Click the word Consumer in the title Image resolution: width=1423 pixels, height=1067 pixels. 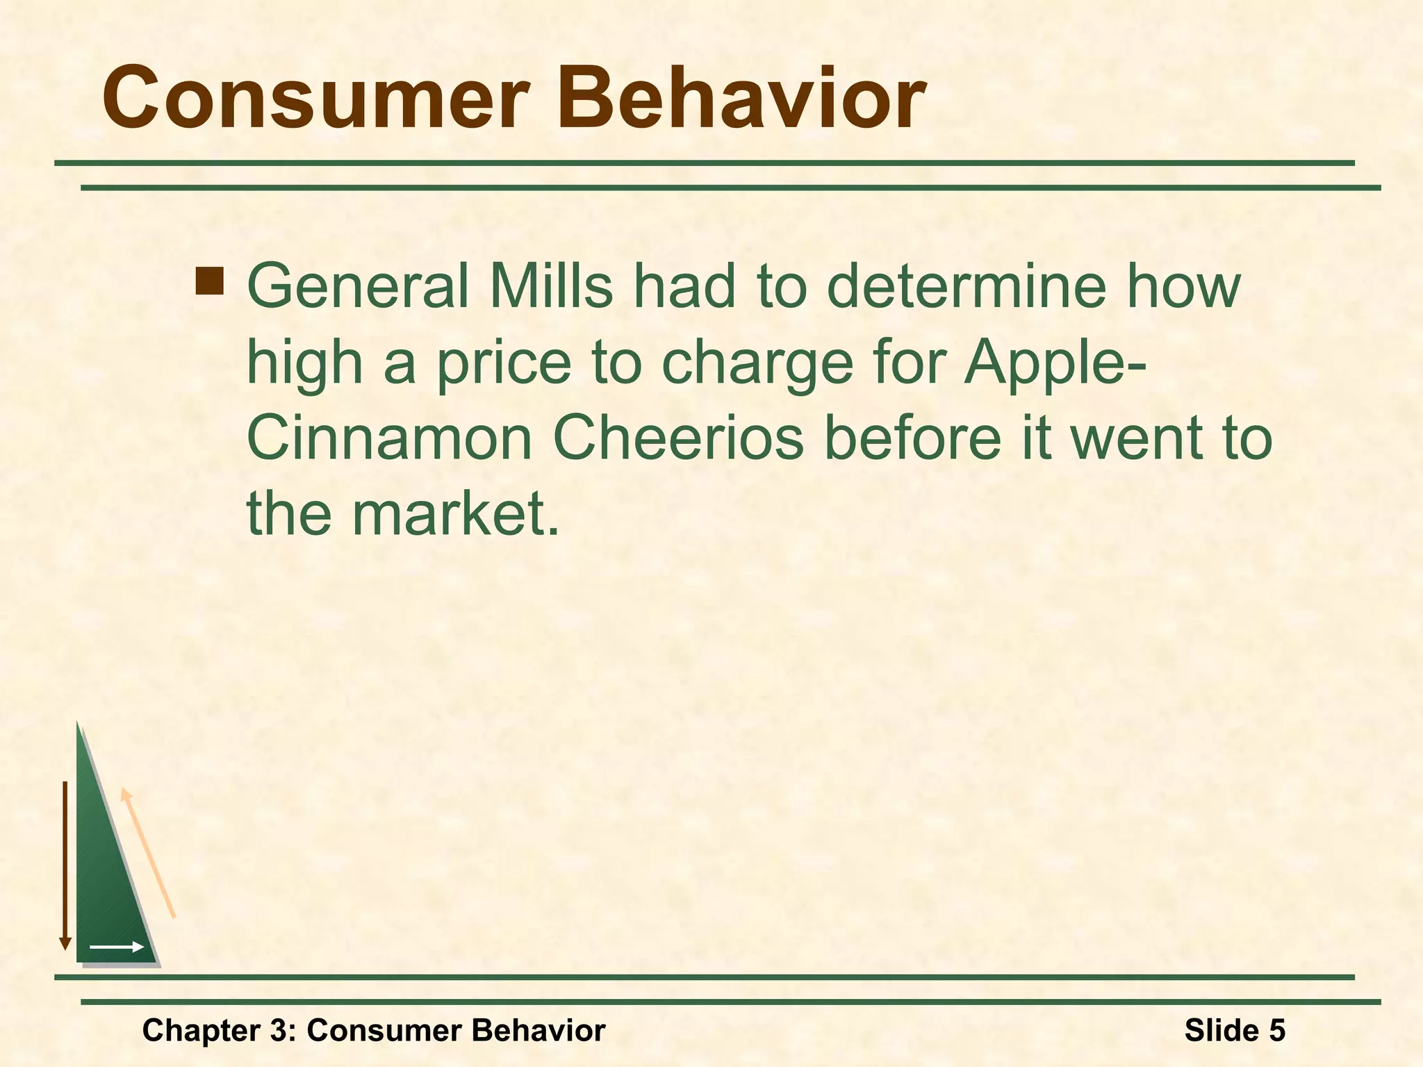[313, 99]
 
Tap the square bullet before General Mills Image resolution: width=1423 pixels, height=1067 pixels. [210, 281]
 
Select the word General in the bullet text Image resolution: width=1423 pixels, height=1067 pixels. [359, 286]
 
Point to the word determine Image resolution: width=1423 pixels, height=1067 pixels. [966, 286]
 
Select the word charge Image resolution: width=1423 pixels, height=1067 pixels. [757, 364]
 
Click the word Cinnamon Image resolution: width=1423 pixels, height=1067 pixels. [389, 439]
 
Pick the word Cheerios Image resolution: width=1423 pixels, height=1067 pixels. [677, 439]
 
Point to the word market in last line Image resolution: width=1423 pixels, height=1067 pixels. [454, 515]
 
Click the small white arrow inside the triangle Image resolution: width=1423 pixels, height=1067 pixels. [116, 947]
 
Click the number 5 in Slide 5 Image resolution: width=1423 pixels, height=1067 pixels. [1276, 1030]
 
